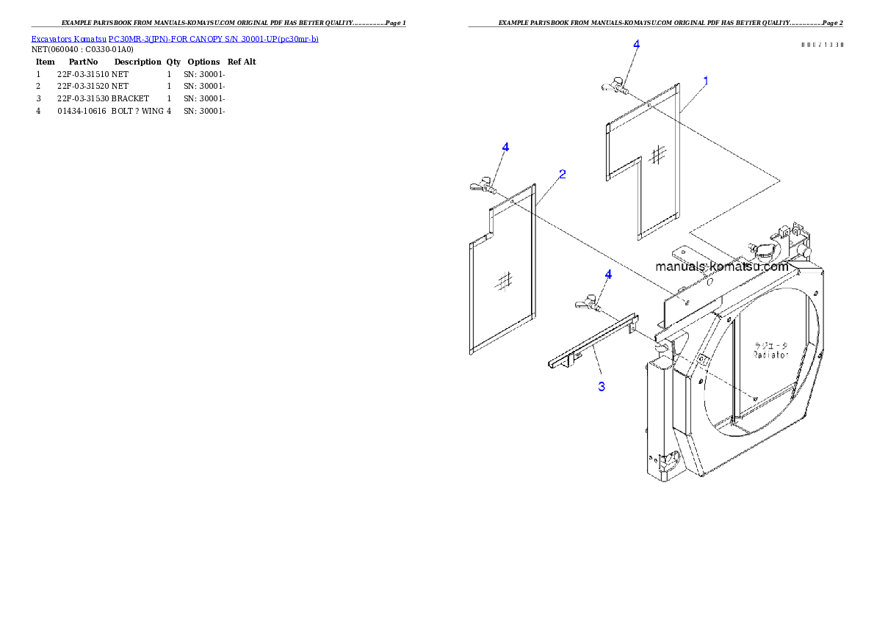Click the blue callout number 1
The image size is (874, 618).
[705, 81]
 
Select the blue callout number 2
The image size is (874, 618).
[562, 175]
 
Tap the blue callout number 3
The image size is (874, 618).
[602, 386]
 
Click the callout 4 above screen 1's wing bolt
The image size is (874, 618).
[636, 44]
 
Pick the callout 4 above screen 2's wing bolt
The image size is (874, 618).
[505, 148]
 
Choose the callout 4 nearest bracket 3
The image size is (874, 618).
[608, 275]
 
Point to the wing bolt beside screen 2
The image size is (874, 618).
[483, 184]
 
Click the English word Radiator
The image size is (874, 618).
[770, 355]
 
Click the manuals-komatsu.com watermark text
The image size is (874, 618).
[722, 266]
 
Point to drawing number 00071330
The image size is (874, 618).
[822, 45]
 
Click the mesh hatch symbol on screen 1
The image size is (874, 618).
[659, 153]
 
